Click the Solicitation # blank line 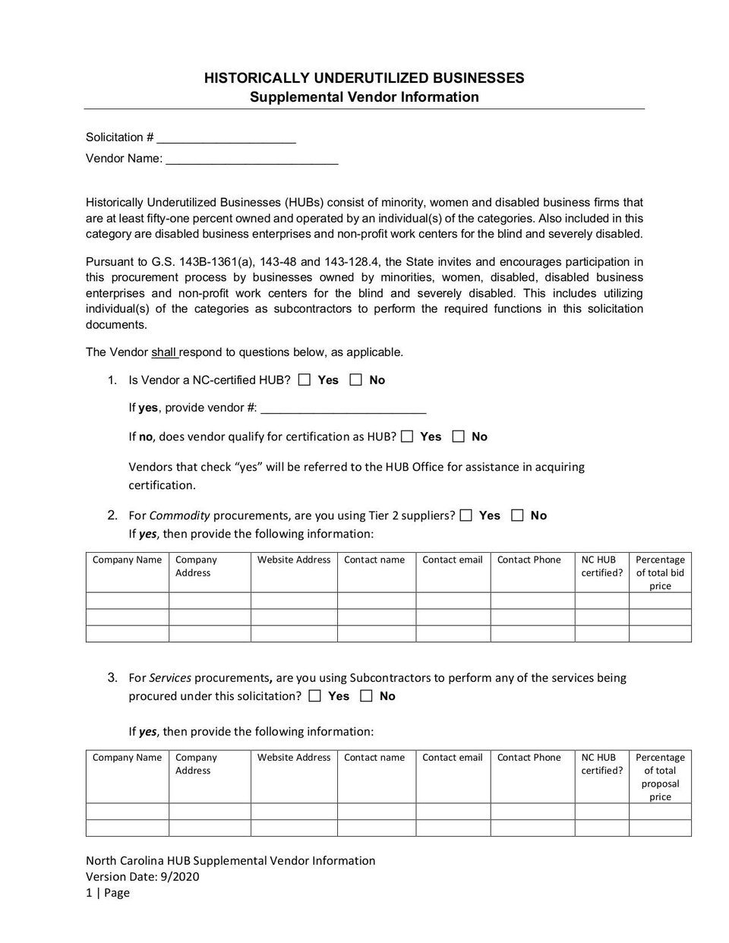pos(226,139)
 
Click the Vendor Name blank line pos(251,160)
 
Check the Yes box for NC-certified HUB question pos(305,380)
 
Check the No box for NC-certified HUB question pos(356,380)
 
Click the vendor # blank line pos(342,409)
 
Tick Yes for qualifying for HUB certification pos(407,437)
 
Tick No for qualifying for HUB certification pos(458,437)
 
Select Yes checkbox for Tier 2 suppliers pos(466,516)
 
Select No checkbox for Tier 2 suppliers pos(518,516)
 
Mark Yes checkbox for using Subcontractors pos(315,696)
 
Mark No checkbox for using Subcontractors pos(367,696)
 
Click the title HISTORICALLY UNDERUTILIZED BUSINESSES pos(364,78)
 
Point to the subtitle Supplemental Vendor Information pos(364,97)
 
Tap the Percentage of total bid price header pos(660,572)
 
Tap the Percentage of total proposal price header pos(660,777)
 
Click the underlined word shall pos(163,352)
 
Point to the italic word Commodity pos(179,516)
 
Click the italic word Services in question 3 pos(170,678)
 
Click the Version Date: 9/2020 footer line pos(143,877)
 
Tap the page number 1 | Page pos(108,893)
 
